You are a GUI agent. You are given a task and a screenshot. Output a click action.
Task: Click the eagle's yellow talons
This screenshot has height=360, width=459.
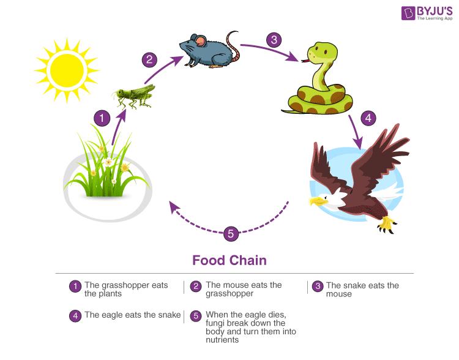387,225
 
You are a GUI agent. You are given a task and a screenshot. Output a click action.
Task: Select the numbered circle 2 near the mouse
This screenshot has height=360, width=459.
149,60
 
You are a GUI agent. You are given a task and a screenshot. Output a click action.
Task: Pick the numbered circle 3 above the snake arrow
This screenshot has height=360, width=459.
274,41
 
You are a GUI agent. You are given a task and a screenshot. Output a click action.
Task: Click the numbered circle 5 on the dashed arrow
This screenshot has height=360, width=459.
231,233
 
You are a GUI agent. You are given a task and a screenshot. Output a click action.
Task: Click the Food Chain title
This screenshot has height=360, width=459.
229,260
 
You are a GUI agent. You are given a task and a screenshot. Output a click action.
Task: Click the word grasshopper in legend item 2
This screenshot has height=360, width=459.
229,294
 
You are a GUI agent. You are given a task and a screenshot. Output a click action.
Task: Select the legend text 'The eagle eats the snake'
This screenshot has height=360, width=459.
132,315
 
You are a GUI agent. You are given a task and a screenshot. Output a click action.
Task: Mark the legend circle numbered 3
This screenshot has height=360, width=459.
317,286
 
